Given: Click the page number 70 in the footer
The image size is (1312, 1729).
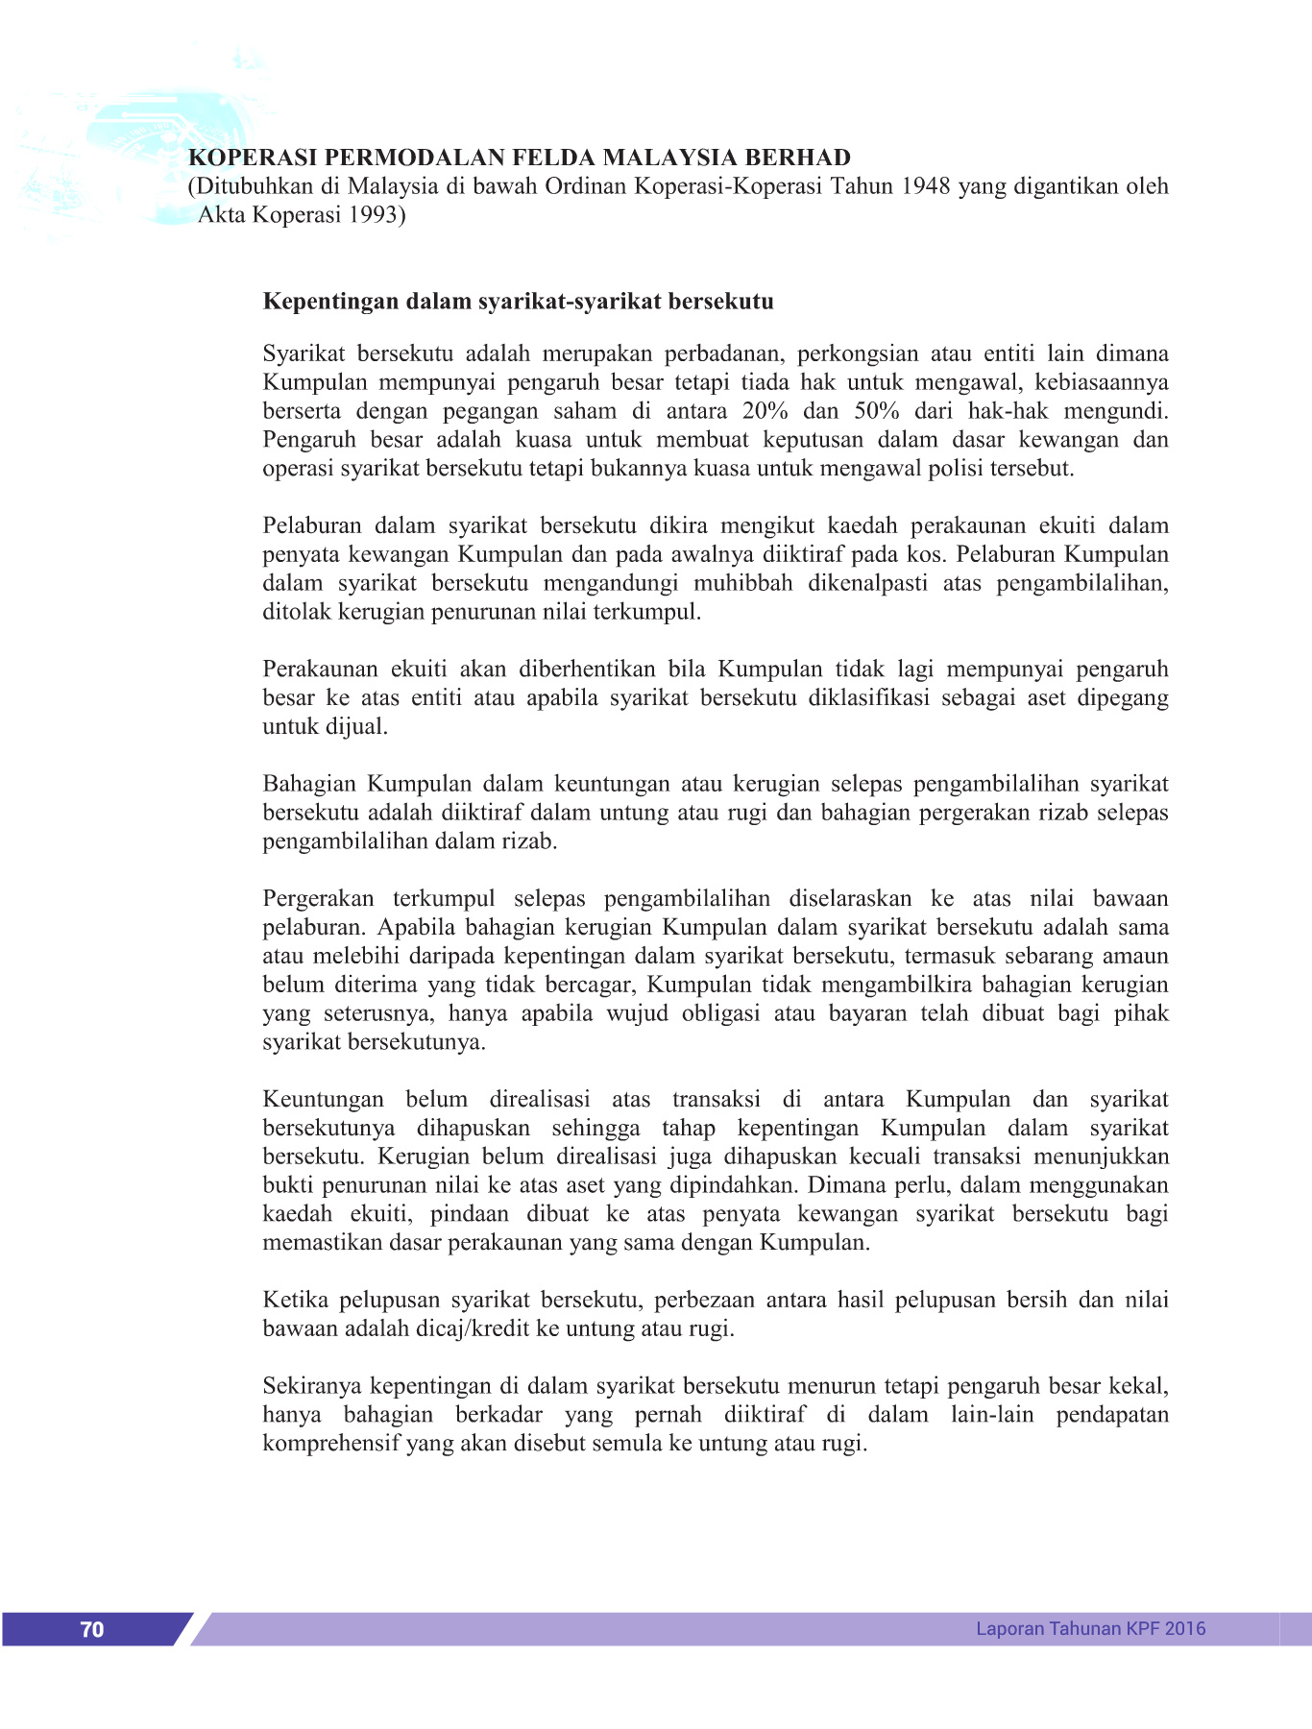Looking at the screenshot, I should coord(92,1628).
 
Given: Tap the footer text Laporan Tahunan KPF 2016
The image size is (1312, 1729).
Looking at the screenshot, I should coord(1090,1628).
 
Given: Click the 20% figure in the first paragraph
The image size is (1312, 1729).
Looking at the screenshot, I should coord(765,411).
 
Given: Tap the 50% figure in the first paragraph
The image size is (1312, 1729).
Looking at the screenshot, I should coord(877,411).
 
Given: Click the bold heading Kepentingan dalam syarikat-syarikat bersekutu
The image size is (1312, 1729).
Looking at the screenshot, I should coord(518,302).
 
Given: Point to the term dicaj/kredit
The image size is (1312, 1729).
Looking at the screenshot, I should coord(468,1328).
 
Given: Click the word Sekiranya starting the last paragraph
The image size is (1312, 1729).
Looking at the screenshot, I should coord(313,1386).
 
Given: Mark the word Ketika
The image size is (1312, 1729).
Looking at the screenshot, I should coord(295,1300).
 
